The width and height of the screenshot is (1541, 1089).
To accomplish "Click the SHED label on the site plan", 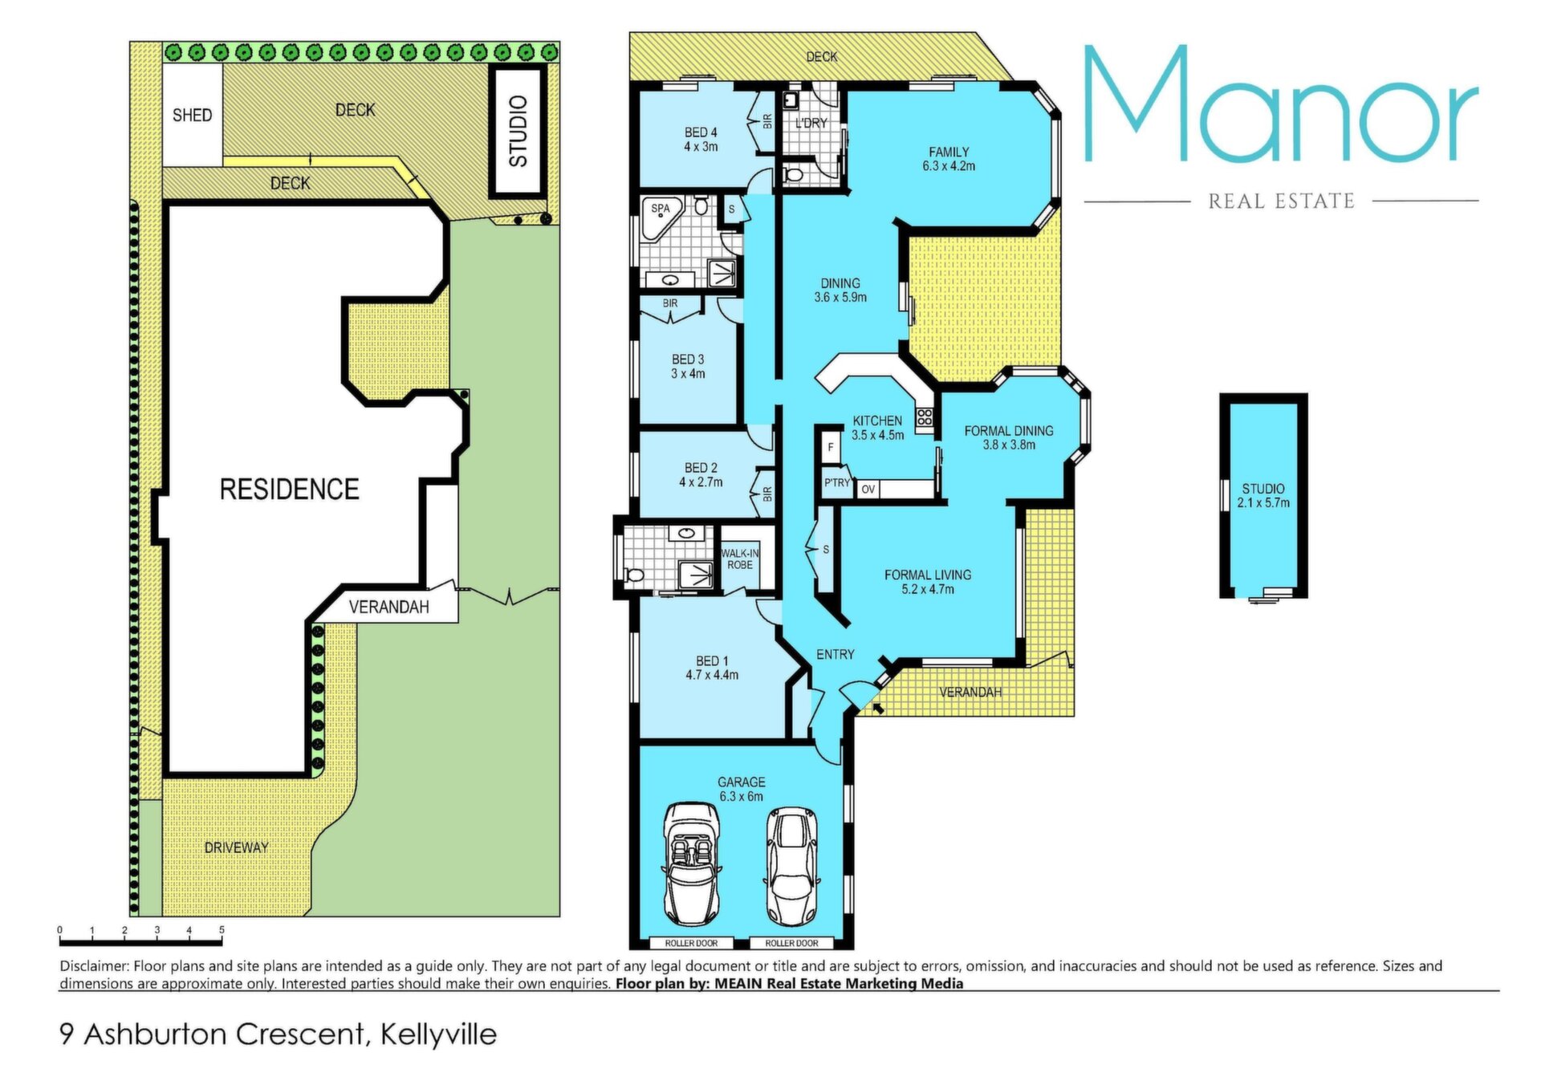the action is (x=193, y=115).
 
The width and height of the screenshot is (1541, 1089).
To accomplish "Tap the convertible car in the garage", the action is (x=692, y=864).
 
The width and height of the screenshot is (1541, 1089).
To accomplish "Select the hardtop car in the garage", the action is (x=791, y=867).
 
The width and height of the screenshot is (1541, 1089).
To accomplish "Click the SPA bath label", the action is (x=661, y=209).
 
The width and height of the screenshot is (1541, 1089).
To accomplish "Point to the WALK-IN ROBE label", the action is (x=740, y=559).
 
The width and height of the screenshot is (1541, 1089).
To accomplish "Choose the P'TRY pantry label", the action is (x=837, y=482).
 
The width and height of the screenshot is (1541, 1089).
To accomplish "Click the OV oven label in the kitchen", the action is (x=868, y=489).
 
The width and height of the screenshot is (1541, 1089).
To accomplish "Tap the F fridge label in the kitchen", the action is (x=831, y=447).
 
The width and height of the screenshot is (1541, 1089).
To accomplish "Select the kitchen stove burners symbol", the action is (x=925, y=417).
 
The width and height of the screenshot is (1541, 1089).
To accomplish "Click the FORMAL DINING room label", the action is (x=1009, y=431).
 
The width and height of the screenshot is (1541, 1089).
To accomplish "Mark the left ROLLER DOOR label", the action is (x=691, y=943).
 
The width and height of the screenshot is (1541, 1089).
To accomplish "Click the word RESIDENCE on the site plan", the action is (x=289, y=489).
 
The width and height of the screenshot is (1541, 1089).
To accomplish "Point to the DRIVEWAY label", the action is (x=236, y=847).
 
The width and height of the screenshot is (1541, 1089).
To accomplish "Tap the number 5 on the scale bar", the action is (x=222, y=930).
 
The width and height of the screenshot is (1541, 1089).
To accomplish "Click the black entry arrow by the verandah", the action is (x=878, y=708).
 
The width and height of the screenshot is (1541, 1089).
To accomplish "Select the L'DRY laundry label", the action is (x=811, y=124).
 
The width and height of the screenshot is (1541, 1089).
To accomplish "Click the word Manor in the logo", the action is (x=1281, y=104).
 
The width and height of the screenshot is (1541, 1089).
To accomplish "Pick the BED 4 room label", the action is (x=701, y=132).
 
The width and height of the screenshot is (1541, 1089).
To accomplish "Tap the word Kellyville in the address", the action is (x=438, y=1034).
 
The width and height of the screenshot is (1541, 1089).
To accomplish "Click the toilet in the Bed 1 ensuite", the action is (x=635, y=575).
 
